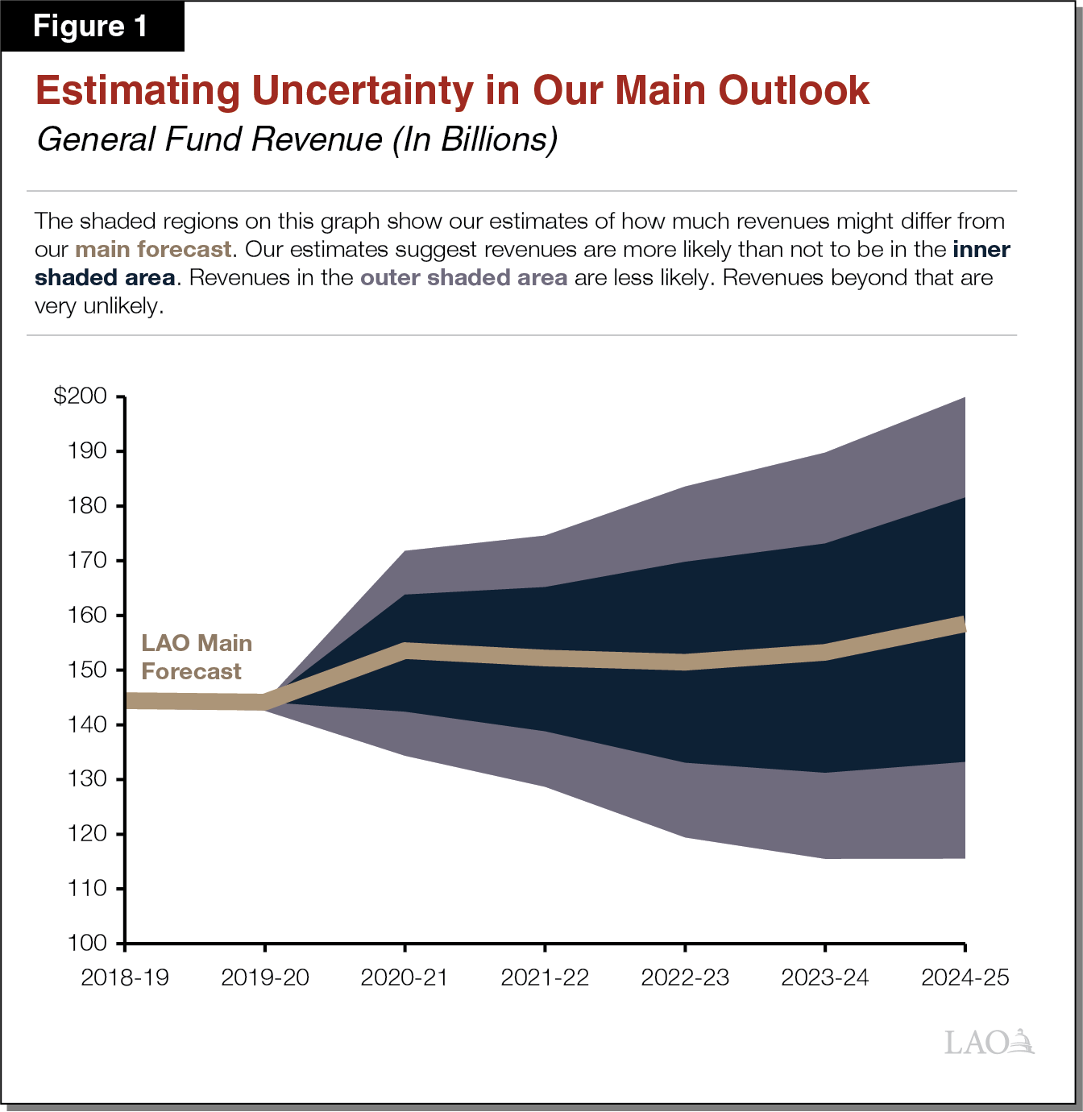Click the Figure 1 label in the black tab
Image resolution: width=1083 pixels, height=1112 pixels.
point(90,27)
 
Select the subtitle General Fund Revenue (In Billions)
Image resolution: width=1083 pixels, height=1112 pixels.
point(297,139)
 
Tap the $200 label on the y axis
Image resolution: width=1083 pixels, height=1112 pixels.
point(80,396)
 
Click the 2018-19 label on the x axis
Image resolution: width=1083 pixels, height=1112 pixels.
point(125,977)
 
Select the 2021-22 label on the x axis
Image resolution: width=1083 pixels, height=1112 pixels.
point(545,977)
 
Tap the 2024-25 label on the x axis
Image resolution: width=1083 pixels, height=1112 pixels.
point(965,977)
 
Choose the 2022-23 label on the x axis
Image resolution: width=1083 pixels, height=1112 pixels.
point(685,977)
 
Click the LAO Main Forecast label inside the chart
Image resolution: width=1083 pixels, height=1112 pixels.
point(196,657)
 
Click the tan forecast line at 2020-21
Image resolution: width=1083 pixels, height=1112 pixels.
point(405,651)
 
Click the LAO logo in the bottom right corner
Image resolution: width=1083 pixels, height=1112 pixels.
point(989,1042)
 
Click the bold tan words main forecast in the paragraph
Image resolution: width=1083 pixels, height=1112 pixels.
point(153,249)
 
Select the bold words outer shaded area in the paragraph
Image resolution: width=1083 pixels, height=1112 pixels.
point(463,278)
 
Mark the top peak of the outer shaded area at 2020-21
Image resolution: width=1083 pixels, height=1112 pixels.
point(405,552)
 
